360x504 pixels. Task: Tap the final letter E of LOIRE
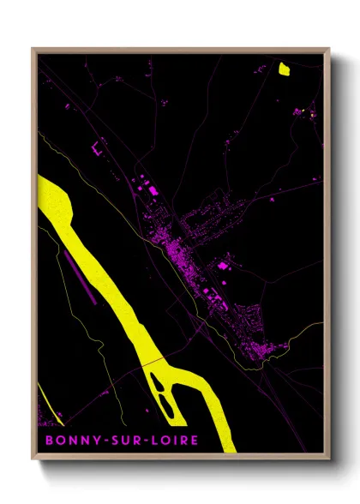(195, 441)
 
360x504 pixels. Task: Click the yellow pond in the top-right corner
(285, 69)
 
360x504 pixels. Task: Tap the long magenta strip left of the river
(76, 274)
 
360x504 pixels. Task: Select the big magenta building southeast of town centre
(225, 267)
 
